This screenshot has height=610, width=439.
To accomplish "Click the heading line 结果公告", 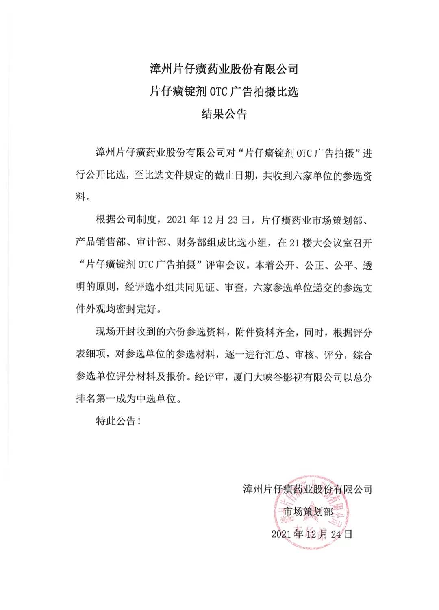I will (x=224, y=114).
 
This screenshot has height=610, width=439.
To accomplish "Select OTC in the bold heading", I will (x=219, y=92).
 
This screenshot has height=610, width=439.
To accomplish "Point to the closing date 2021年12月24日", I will (x=312, y=534).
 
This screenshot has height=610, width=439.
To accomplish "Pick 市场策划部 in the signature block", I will (x=308, y=512).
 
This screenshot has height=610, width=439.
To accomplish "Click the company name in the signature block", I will (x=307, y=489).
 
